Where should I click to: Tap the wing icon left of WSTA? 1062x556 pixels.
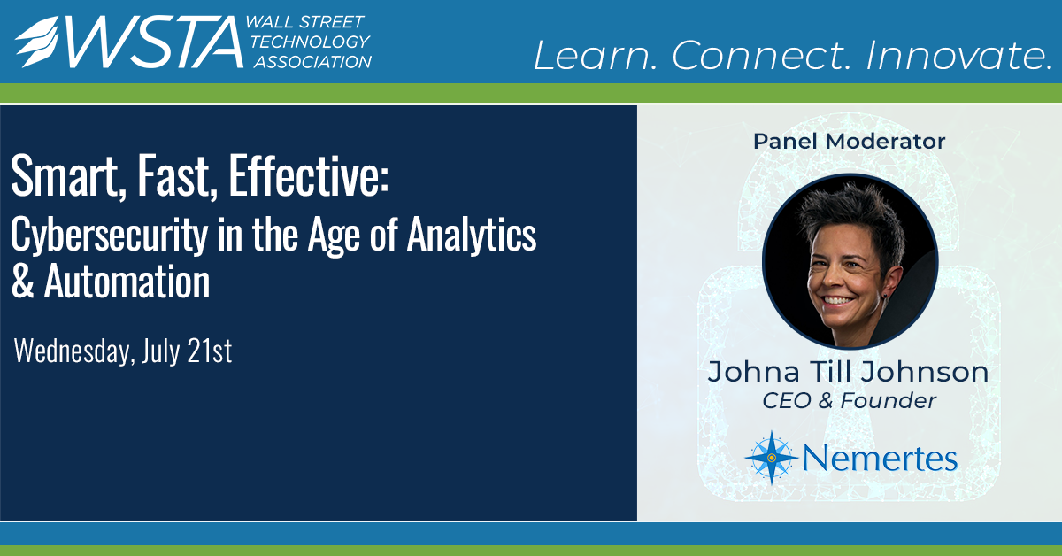pyautogui.click(x=38, y=42)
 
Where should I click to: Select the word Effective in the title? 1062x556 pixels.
pyautogui.click(x=307, y=180)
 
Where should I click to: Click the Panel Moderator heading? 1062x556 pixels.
pyautogui.click(x=849, y=141)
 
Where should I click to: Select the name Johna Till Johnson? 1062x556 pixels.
pyautogui.click(x=848, y=372)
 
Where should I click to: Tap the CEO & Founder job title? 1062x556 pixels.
pyautogui.click(x=849, y=401)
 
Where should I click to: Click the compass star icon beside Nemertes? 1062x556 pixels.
pyautogui.click(x=771, y=458)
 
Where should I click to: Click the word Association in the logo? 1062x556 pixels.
pyautogui.click(x=310, y=61)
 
